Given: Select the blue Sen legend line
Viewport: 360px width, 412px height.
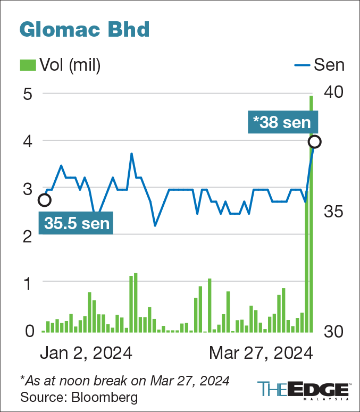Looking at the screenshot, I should click(x=302, y=65).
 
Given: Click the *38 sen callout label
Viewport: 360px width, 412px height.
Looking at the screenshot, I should click(x=282, y=122).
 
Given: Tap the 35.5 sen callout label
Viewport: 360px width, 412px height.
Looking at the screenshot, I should click(x=77, y=223).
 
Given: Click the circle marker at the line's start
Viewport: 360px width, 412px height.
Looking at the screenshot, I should click(x=45, y=200).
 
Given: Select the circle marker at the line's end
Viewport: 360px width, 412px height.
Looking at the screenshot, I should click(x=314, y=141).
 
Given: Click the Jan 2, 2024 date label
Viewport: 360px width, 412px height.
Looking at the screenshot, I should click(x=86, y=353).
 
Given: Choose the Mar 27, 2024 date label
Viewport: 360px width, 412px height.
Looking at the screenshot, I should click(x=260, y=353).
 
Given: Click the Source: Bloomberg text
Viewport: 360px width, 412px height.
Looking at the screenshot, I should click(x=71, y=397).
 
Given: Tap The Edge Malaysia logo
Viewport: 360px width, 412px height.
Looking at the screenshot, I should click(x=303, y=390).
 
